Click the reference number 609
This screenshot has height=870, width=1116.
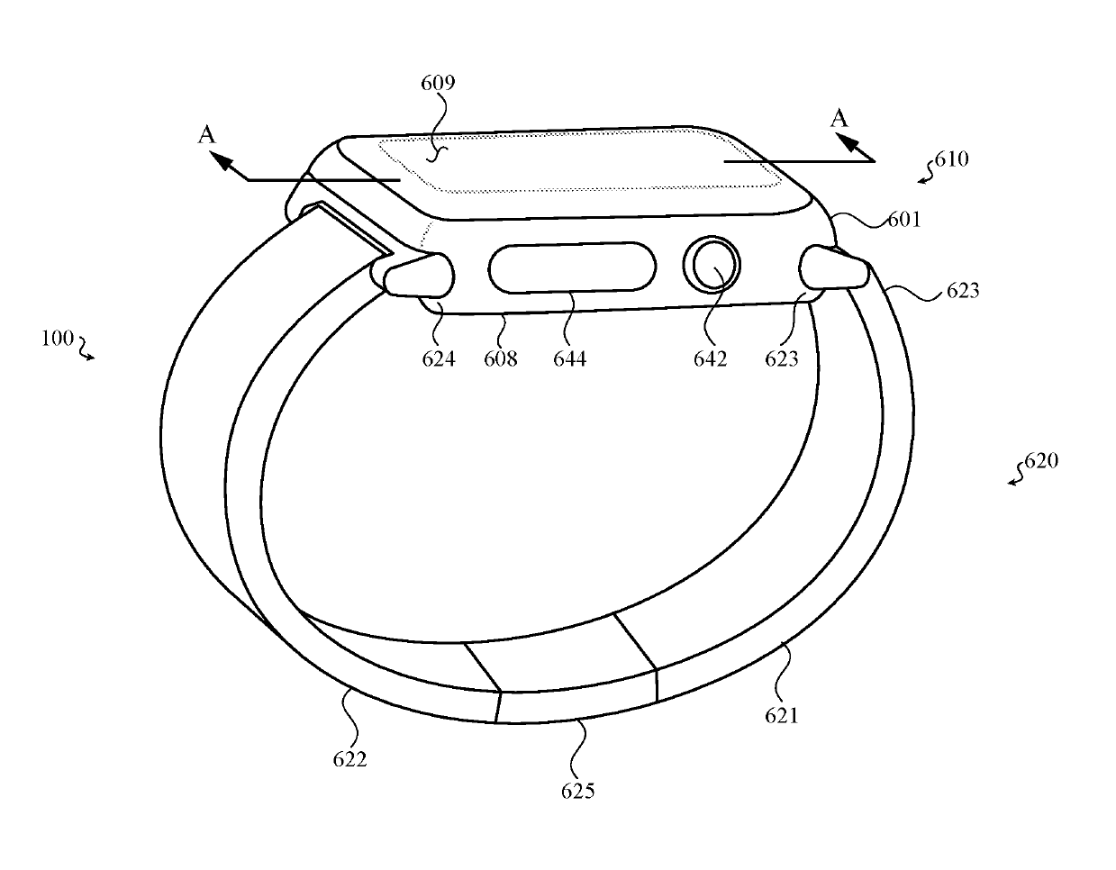[438, 84]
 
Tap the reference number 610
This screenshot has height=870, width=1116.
[951, 159]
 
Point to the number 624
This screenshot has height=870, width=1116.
[439, 358]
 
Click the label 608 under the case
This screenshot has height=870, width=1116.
[500, 358]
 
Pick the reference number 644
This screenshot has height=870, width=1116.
[569, 358]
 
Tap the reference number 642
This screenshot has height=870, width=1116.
[710, 358]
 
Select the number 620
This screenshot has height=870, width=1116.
[1041, 461]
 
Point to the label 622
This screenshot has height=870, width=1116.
[349, 758]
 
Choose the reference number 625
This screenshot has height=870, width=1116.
[577, 791]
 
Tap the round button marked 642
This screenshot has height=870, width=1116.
[712, 265]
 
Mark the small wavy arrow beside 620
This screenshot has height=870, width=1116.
[1016, 475]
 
